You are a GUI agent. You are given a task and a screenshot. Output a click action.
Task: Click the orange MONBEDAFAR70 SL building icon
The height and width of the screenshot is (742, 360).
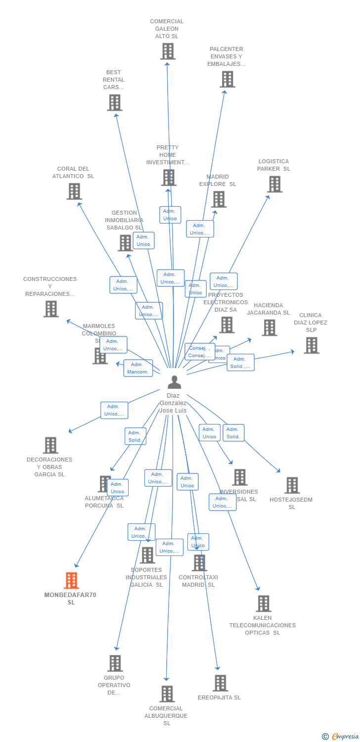point(72,580)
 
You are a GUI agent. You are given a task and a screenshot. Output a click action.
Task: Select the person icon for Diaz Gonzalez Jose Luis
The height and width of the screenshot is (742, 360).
point(174,382)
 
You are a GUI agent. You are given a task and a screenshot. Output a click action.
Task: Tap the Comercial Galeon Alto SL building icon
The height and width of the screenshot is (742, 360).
point(168,51)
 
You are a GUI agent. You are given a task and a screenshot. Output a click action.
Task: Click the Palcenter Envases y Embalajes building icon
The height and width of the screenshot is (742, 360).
point(227,79)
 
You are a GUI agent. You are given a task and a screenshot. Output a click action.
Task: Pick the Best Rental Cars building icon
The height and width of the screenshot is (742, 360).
point(115,102)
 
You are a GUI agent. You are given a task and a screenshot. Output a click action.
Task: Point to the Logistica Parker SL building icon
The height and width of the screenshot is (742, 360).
point(274,184)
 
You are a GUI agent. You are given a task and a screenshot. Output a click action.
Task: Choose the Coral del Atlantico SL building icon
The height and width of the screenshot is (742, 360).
point(74,191)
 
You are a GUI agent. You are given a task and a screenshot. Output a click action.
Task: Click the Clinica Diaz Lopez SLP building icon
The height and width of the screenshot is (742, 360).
point(311,345)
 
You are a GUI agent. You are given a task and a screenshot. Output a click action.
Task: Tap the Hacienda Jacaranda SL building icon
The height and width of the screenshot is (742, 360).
point(269,327)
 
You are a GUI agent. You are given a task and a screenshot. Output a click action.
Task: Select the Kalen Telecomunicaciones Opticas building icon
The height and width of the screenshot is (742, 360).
point(264,603)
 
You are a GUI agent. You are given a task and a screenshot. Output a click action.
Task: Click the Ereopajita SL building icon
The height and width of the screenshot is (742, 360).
point(220,683)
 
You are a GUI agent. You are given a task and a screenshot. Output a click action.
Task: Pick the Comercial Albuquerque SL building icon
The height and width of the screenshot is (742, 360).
point(167,694)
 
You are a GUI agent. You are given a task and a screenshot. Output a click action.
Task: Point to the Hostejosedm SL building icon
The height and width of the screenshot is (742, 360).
point(292,485)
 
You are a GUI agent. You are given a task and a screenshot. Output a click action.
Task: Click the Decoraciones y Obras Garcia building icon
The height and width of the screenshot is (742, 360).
point(50,445)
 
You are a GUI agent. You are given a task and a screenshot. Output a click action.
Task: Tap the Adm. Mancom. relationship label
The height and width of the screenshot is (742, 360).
point(138,368)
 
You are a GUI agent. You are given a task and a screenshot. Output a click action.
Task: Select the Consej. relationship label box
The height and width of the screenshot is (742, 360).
point(199,352)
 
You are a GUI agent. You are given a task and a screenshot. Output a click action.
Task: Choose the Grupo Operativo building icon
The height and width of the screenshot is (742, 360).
point(115,663)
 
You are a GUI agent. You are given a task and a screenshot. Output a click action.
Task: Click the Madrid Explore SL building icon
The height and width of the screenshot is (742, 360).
point(219,199)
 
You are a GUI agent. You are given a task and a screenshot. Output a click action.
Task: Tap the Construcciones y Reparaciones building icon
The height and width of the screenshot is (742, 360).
point(51,309)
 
